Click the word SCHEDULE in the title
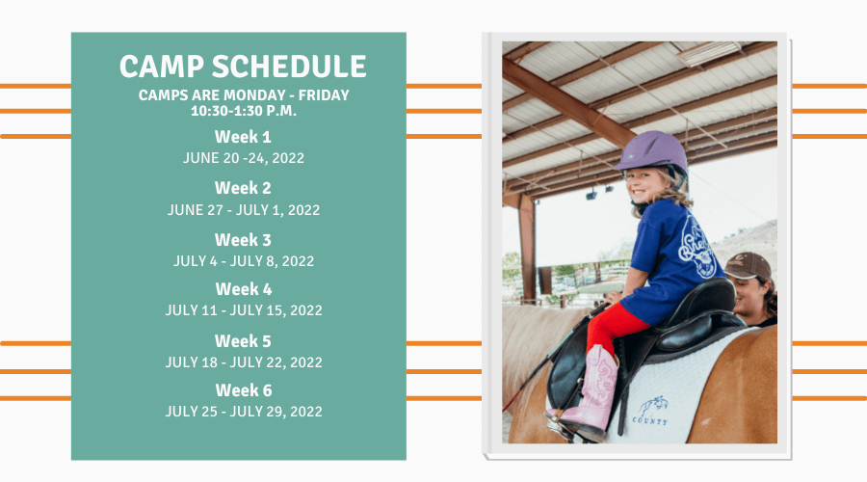tap(289, 67)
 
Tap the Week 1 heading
tap(243, 137)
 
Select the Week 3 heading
tap(243, 240)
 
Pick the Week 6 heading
tap(244, 390)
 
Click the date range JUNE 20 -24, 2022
tap(244, 158)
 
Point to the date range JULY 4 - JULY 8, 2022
tap(244, 261)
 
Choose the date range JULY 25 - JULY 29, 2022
tap(244, 412)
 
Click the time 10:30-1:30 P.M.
tap(244, 111)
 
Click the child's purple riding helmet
tap(653, 151)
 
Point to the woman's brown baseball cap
tap(748, 266)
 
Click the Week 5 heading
tap(243, 341)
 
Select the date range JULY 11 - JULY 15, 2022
tap(244, 310)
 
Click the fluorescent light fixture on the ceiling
tap(709, 53)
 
